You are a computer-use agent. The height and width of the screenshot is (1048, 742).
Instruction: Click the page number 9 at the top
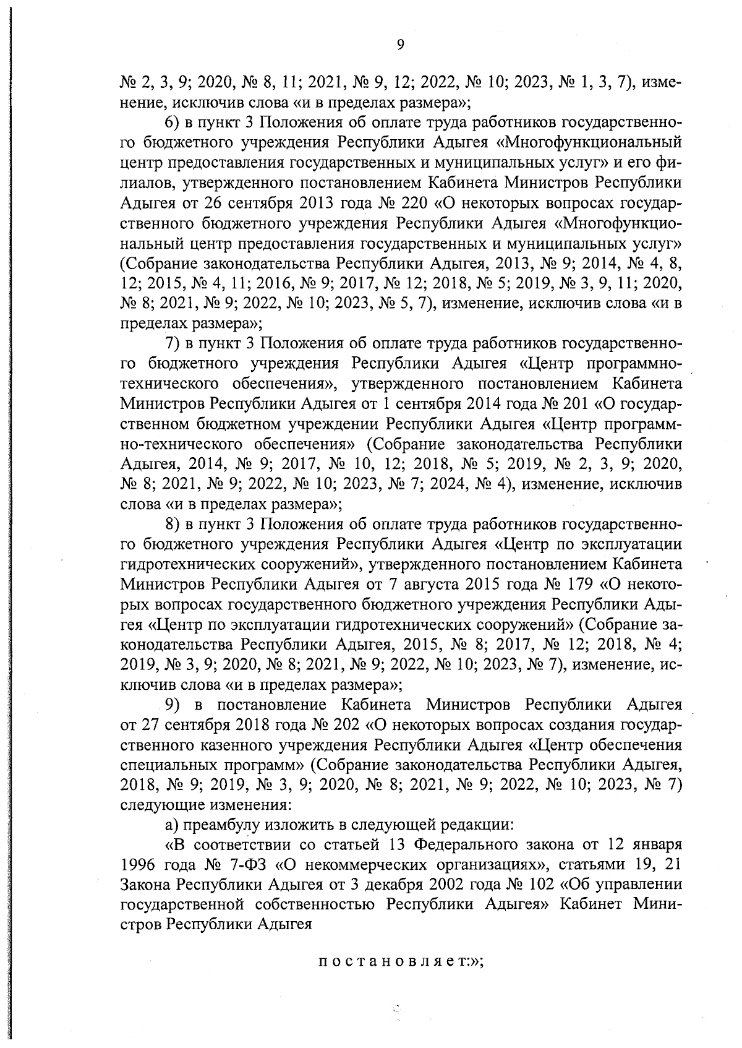399,44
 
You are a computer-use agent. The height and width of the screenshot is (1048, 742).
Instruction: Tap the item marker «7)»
176,343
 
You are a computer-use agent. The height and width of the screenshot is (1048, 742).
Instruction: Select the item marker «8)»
176,525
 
